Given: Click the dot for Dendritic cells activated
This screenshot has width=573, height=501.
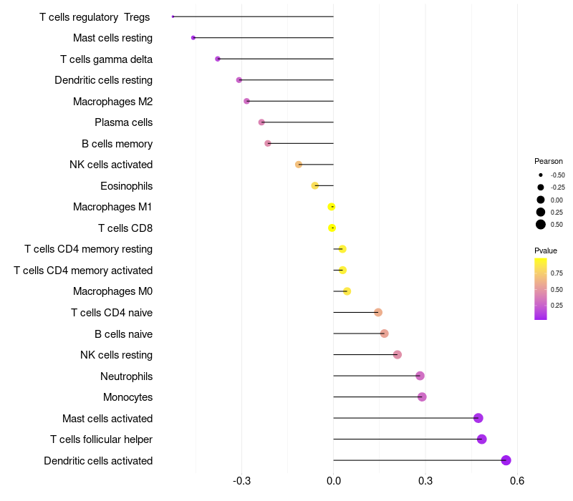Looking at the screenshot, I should click(x=506, y=460).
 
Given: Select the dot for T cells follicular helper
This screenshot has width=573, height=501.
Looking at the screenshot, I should click(x=481, y=439).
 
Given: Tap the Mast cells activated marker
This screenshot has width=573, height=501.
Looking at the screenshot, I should click(x=478, y=418).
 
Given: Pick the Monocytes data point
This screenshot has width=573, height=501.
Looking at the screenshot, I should click(x=422, y=397).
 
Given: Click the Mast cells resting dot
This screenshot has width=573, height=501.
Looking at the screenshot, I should click(x=193, y=37).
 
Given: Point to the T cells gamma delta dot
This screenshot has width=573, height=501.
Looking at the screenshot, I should click(x=218, y=59).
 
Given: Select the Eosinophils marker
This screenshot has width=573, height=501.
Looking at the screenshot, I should click(x=315, y=185).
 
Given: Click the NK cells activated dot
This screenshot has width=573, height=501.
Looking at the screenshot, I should click(x=299, y=165).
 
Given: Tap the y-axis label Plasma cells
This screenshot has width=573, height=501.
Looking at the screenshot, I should click(x=123, y=122).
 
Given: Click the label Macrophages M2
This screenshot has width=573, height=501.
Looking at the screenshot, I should click(x=112, y=102).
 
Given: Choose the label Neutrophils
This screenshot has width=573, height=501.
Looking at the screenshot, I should click(x=126, y=376).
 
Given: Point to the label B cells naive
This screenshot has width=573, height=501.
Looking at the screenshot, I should click(x=123, y=334).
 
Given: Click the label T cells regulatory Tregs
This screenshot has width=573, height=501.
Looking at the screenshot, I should click(x=95, y=16).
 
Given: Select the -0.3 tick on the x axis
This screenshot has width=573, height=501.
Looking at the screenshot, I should click(x=241, y=480).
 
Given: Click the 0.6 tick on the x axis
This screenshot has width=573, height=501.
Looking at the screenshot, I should click(x=517, y=480).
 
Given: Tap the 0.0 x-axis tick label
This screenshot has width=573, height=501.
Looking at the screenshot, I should click(x=334, y=480).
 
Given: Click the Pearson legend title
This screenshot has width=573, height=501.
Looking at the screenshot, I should click(x=549, y=161).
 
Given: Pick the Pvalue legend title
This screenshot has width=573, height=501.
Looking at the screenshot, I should click(x=546, y=250).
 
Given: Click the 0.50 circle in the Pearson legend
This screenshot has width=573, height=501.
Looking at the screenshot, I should click(x=540, y=225).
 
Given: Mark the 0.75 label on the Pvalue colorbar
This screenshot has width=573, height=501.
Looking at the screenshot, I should click(x=557, y=273).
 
